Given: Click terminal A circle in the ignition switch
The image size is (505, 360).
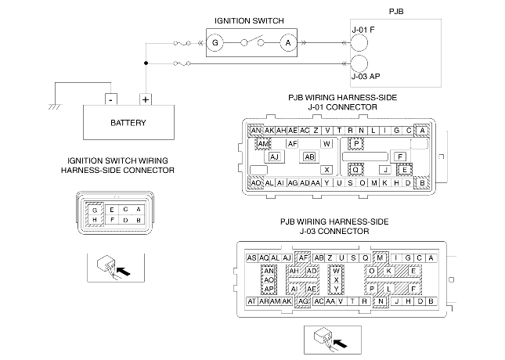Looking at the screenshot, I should point(289,42).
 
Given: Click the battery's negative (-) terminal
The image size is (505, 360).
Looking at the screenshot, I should point(112,100).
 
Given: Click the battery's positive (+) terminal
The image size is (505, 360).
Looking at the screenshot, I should point(146,100).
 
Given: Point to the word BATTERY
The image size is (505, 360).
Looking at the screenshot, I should point(128,124).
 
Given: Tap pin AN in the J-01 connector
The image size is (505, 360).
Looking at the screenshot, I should point(257,130).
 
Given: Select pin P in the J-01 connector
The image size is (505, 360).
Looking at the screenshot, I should point(356,144).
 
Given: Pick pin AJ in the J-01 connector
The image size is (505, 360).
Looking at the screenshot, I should point(275,157).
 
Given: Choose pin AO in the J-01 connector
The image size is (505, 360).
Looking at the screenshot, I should point(257,183).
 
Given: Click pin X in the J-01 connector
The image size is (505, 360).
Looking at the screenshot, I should point(326,169).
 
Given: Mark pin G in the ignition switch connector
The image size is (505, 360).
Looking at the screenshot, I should point(95,210).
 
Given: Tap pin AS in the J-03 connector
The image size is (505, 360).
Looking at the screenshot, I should point(252,257).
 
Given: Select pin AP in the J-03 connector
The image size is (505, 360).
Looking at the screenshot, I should point(269,289).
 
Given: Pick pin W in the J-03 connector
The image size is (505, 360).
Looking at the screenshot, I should point(336,270).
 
